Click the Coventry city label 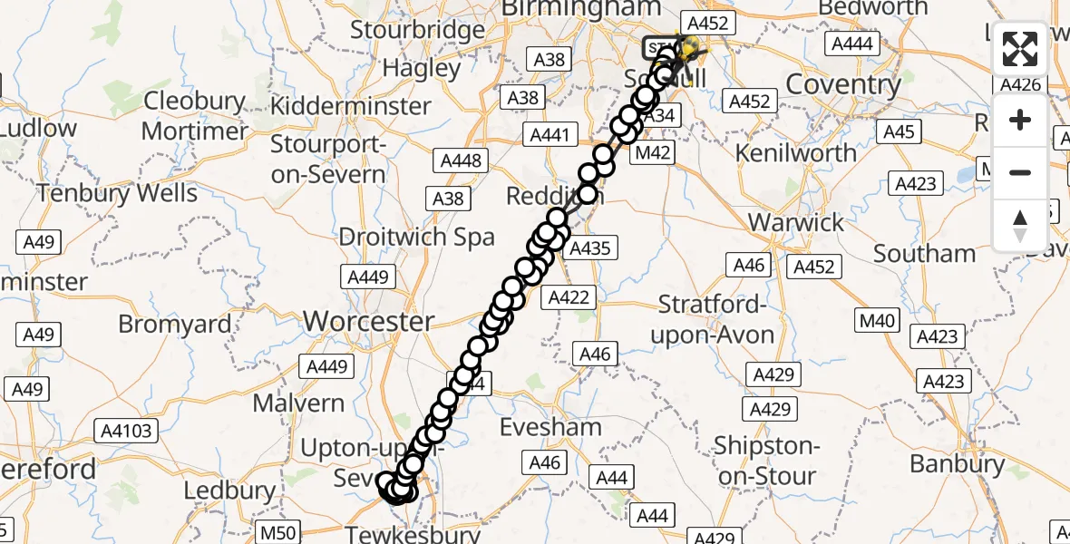[843, 85]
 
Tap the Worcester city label [368, 321]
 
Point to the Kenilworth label [796, 152]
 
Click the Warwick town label [797, 222]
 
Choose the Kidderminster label [352, 105]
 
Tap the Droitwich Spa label [416, 238]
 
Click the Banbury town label [957, 464]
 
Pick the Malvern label [298, 403]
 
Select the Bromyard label [175, 324]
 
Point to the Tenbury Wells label [117, 193]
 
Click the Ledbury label [229, 491]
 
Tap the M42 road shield [652, 153]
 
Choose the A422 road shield [569, 297]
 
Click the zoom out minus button [1020, 172]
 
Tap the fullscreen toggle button [1020, 49]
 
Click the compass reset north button [1020, 224]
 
